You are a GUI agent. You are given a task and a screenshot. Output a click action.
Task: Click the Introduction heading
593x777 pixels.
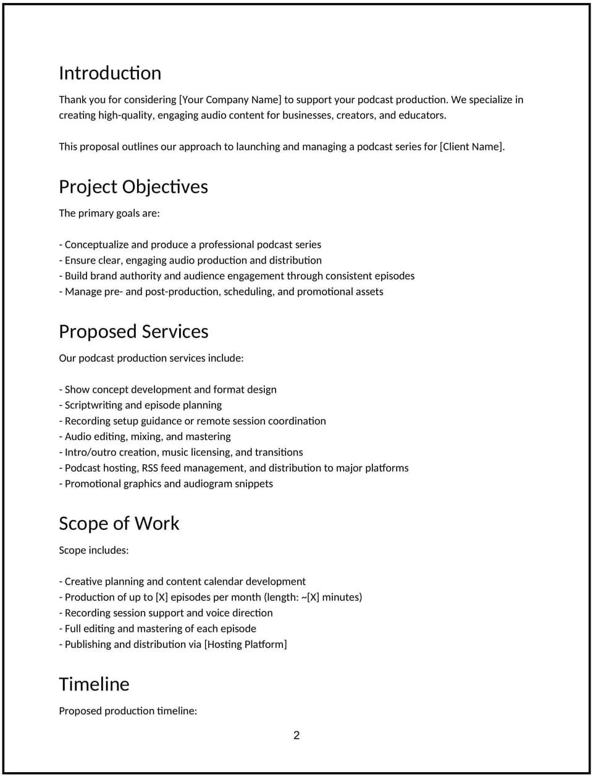tap(110, 73)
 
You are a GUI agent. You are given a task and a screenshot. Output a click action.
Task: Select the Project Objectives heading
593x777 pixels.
tap(133, 187)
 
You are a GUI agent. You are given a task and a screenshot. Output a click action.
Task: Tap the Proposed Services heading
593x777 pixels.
tap(133, 332)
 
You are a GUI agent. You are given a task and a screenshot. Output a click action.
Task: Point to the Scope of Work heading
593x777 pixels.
tap(119, 524)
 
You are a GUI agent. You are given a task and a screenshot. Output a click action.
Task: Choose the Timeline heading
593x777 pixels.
tap(94, 684)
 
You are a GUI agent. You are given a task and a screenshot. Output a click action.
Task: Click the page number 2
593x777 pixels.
tap(296, 735)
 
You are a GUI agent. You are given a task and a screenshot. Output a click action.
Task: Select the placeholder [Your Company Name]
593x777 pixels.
tap(230, 99)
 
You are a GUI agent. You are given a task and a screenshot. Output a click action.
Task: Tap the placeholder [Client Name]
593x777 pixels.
tap(472, 146)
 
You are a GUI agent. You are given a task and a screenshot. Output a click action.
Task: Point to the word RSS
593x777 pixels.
tap(149, 468)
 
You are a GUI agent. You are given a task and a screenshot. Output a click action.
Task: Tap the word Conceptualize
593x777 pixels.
tap(96, 245)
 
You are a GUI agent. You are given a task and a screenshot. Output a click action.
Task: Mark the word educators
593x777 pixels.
tap(422, 115)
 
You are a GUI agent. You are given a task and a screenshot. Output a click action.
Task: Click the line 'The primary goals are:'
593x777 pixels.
tap(109, 213)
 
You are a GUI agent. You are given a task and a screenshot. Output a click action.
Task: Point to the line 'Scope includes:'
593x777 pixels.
tap(94, 550)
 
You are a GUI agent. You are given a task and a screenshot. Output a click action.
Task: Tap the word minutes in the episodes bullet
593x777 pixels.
tap(340, 597)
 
